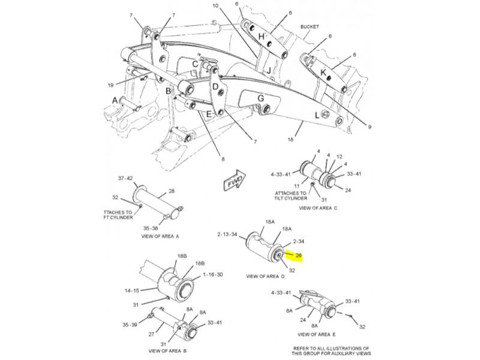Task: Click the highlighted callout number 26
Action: click(298, 255)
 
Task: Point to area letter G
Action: click(261, 98)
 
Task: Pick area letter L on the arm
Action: click(317, 115)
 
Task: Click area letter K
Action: click(323, 73)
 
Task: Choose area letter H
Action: click(262, 37)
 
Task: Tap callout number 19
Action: click(110, 85)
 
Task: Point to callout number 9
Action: click(370, 127)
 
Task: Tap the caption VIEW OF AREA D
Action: click(265, 277)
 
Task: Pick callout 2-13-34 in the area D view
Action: click(227, 235)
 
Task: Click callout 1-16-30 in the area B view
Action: click(213, 274)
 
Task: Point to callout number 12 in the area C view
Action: click(339, 157)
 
